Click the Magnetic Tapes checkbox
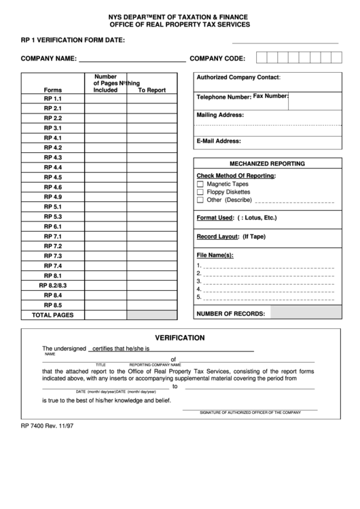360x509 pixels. (200, 184)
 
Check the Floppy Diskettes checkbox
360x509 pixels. (200, 192)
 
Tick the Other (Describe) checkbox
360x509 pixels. (200, 200)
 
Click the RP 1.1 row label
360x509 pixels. (53, 99)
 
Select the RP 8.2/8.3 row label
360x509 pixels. (53, 285)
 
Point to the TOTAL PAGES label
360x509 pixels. (53, 315)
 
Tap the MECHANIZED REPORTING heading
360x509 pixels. (267, 164)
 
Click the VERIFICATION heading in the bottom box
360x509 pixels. (180, 337)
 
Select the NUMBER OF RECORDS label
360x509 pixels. (230, 313)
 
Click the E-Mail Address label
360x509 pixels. (219, 141)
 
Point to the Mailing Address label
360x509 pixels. (220, 116)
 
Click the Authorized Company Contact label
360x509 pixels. (238, 77)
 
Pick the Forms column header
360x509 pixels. (52, 90)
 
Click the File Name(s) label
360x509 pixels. (215, 255)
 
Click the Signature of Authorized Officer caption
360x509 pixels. (250, 413)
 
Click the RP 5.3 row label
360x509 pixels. (53, 217)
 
